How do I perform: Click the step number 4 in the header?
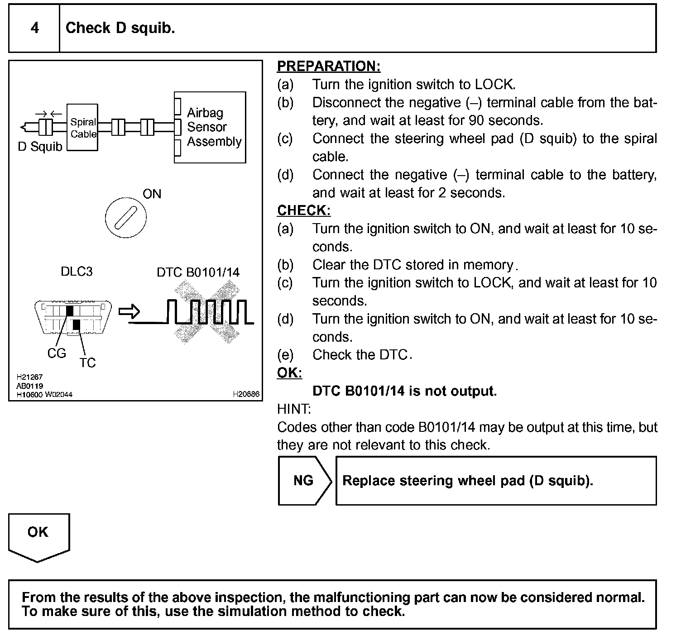[34, 28]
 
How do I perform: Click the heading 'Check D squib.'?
[120, 28]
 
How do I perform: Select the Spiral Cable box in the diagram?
[82, 128]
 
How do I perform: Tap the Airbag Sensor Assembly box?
[210, 127]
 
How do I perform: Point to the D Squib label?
[40, 147]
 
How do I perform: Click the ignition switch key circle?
[125, 218]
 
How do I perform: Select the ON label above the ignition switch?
[152, 194]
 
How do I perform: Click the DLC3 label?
[77, 272]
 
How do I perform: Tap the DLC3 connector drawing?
[73, 317]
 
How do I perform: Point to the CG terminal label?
[57, 353]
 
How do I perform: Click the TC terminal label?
[87, 363]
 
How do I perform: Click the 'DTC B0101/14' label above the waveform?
[198, 272]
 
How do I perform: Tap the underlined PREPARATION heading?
[329, 66]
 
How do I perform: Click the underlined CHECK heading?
[304, 210]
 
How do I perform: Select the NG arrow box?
[304, 480]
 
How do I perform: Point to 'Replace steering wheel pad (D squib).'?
[468, 480]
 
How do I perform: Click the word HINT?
[294, 409]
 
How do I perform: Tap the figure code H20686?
[246, 394]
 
